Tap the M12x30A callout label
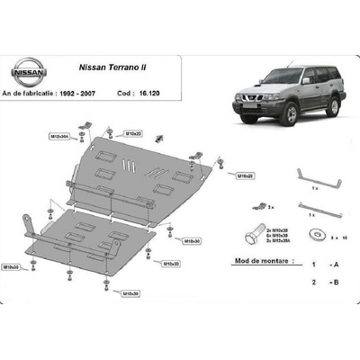click(x=60, y=137)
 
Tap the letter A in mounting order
click(x=337, y=267)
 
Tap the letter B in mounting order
click(x=337, y=282)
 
